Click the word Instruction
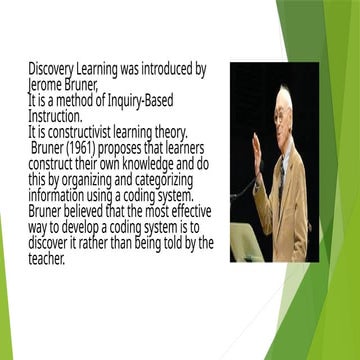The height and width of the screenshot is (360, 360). (57, 116)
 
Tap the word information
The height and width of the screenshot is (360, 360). (58, 193)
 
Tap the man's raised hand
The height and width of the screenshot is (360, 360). (256, 150)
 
